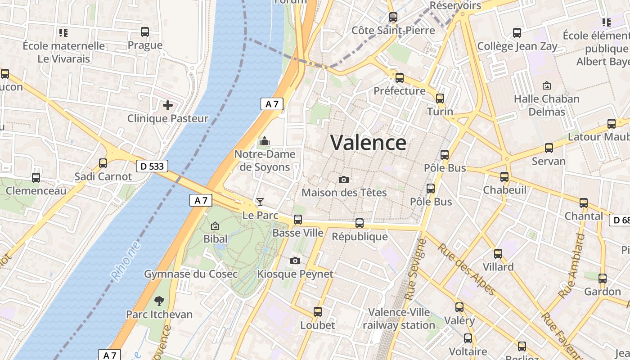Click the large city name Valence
[368, 143]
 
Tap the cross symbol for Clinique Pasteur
[168, 105]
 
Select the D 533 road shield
[152, 166]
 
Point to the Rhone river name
[126, 261]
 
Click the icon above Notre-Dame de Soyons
[264, 141]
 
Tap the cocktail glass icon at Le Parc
[260, 202]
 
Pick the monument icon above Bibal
[215, 226]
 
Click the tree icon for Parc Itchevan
[159, 301]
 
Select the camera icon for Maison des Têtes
[344, 180]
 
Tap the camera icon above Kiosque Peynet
[295, 261]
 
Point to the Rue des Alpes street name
[465, 269]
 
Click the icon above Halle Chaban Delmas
[547, 85]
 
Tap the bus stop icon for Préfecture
[400, 77]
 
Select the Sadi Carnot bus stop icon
[103, 163]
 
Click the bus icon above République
[360, 223]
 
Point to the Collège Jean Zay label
[517, 46]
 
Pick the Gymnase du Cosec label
[191, 274]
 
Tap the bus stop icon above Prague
[145, 32]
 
